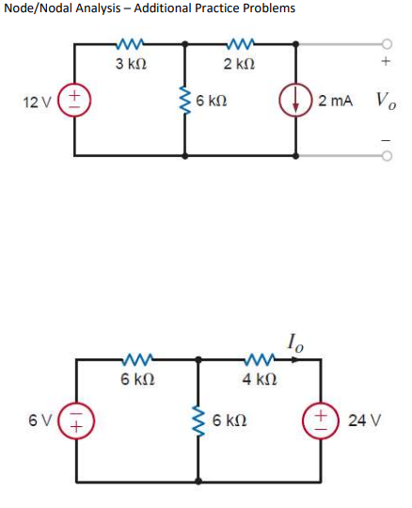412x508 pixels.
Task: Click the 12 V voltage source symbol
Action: point(73,100)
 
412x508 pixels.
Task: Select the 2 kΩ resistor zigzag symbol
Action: point(242,43)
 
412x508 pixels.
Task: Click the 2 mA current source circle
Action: point(299,100)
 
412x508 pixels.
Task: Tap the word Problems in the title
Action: point(268,8)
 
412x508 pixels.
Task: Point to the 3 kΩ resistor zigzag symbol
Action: point(129,43)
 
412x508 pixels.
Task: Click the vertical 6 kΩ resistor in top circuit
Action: point(185,100)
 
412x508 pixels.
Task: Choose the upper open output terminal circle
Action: point(385,43)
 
